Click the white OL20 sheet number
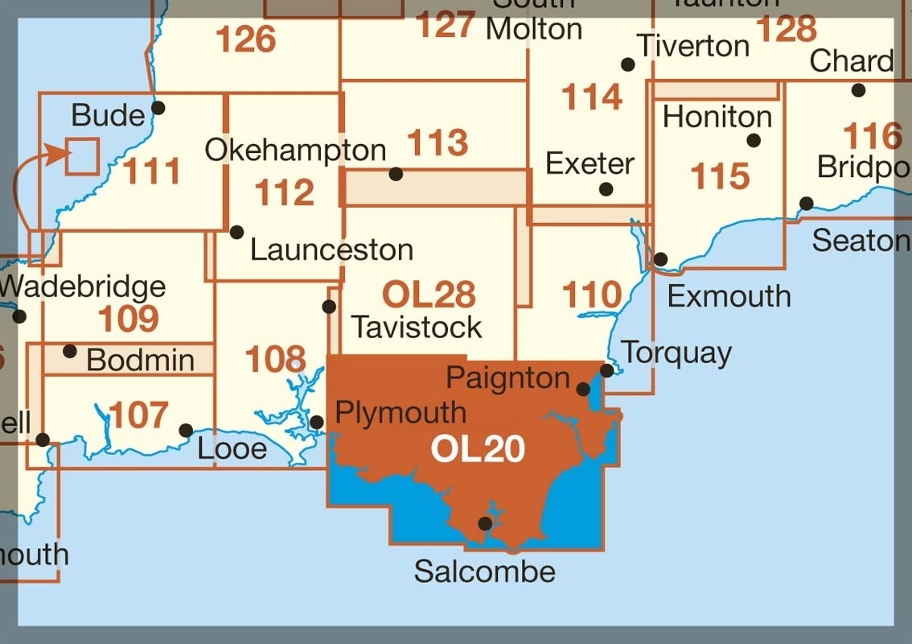click(478, 449)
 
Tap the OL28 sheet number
click(429, 295)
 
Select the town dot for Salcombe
click(485, 523)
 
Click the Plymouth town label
click(401, 412)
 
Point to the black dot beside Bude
click(158, 107)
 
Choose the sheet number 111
click(152, 171)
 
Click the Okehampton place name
click(295, 150)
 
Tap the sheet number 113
click(438, 143)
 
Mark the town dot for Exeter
click(606, 189)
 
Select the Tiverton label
click(692, 45)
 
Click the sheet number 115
click(720, 176)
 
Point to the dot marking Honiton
click(754, 140)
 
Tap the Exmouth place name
click(729, 296)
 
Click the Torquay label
click(676, 353)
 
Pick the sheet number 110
click(593, 295)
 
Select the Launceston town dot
click(236, 232)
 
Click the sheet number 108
click(276, 359)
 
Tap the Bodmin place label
click(140, 360)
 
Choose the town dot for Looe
click(186, 430)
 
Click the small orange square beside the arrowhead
click(82, 155)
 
